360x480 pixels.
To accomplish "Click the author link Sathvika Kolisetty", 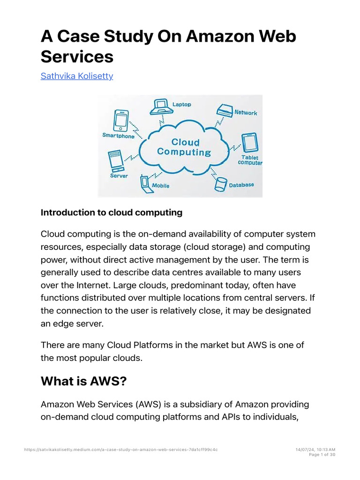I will pyautogui.click(x=77, y=76).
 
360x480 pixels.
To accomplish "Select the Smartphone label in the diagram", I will pyautogui.click(x=118, y=136).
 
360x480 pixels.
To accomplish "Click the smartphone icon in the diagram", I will pyautogui.click(x=121, y=120).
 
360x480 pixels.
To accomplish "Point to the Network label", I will pyautogui.click(x=246, y=112).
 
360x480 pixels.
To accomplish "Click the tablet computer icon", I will pyautogui.click(x=249, y=143).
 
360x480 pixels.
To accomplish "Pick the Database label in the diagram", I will pyautogui.click(x=241, y=185).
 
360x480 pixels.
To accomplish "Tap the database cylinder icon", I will pyautogui.click(x=220, y=184).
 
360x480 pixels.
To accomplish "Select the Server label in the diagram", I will pyautogui.click(x=119, y=175).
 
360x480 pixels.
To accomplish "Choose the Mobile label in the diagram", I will pyautogui.click(x=161, y=186).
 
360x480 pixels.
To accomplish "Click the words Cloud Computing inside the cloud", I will pyautogui.click(x=184, y=147).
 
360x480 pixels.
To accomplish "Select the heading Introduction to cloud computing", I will pyautogui.click(x=112, y=212).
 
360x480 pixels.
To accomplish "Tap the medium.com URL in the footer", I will pyautogui.click(x=120, y=450).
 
